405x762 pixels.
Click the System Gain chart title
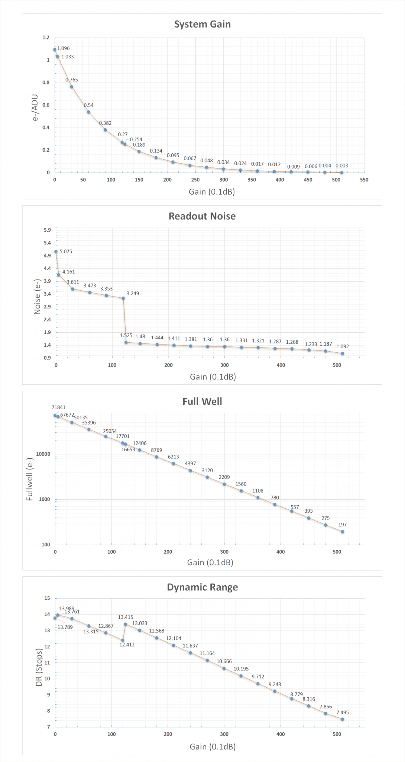click(x=202, y=24)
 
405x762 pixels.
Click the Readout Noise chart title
click(x=202, y=216)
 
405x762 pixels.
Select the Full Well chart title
click(x=202, y=401)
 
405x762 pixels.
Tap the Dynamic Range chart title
click(x=202, y=587)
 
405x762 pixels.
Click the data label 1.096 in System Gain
click(x=64, y=48)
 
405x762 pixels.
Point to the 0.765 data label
click(x=72, y=80)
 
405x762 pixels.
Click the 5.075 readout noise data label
click(x=66, y=252)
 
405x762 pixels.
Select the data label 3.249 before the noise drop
click(x=133, y=294)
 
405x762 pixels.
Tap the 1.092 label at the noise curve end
click(x=343, y=346)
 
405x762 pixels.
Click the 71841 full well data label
click(x=59, y=407)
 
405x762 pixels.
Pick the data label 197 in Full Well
click(x=343, y=525)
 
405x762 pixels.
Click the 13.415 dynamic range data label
click(x=126, y=617)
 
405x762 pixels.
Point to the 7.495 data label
click(x=343, y=713)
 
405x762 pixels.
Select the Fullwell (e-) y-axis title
click(x=30, y=479)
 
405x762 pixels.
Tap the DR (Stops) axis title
click(x=39, y=667)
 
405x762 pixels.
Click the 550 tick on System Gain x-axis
click(x=364, y=180)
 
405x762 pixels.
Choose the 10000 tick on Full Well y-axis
click(x=43, y=454)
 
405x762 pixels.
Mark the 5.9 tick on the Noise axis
click(x=47, y=230)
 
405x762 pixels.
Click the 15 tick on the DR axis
click(x=47, y=598)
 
